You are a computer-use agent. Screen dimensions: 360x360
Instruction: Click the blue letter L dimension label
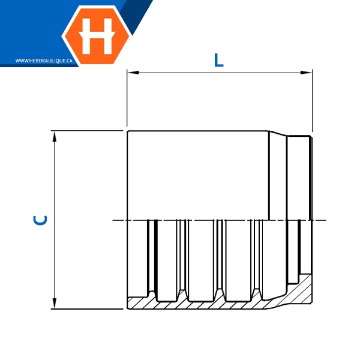click(218, 60)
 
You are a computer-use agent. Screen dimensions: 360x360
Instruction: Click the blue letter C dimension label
click(40, 220)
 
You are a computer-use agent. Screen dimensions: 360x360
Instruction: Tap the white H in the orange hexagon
click(97, 36)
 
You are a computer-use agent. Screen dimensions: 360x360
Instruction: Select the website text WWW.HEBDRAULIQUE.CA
click(44, 61)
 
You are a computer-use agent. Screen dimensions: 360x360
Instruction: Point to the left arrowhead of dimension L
click(133, 73)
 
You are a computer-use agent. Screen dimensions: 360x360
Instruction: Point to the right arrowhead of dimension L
click(306, 73)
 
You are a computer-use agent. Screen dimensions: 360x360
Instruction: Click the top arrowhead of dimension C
click(55, 137)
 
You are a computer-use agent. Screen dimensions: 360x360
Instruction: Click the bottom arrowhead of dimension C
click(55, 303)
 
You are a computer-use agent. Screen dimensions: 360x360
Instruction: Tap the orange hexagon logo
click(97, 35)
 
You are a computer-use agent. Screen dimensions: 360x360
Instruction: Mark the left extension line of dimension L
click(127, 98)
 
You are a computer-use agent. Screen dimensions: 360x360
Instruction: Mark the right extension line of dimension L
click(312, 101)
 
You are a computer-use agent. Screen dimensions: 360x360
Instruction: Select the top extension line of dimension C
click(87, 131)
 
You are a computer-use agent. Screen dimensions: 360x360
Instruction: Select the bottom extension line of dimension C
click(87, 309)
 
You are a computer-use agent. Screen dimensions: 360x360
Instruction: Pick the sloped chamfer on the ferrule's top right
click(278, 133)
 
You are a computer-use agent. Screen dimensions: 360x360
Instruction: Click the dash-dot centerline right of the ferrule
click(320, 220)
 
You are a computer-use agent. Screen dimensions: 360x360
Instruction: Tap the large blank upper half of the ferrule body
click(198, 175)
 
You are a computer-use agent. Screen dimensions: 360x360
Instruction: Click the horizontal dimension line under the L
click(220, 73)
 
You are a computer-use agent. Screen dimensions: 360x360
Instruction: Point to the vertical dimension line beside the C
click(55, 220)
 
